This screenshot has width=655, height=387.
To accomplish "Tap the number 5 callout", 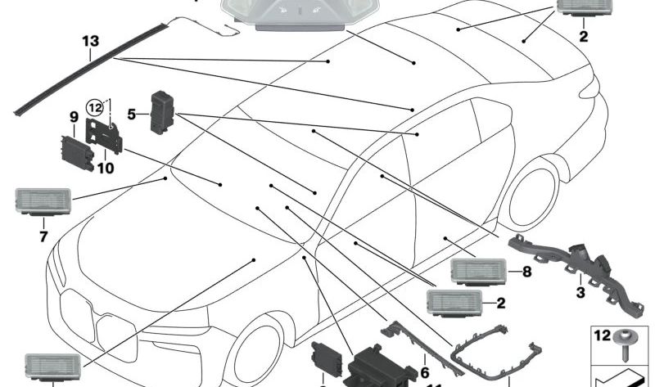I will pos(131,115).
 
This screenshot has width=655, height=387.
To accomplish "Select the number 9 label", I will pos(73,117).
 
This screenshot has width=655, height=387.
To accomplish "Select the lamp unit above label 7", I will pos(43,200).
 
